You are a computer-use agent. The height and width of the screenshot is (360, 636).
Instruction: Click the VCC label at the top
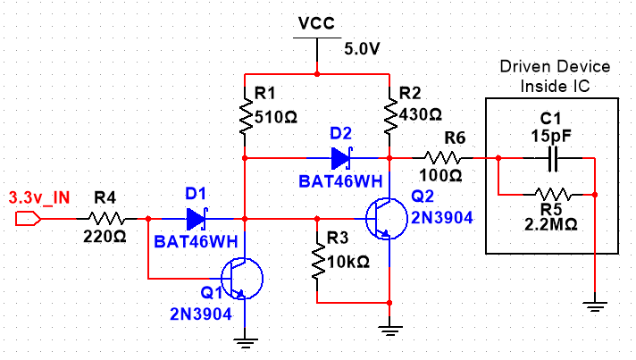[x=316, y=23]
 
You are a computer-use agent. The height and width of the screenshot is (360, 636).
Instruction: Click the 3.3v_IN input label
[x=39, y=197]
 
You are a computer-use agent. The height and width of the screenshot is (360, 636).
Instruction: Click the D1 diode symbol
[x=196, y=218]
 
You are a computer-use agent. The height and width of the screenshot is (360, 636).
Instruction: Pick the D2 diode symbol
[x=341, y=158]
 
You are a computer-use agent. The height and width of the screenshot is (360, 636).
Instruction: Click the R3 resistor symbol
[x=317, y=260]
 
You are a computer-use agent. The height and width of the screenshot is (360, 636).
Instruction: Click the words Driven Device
[x=555, y=67]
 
